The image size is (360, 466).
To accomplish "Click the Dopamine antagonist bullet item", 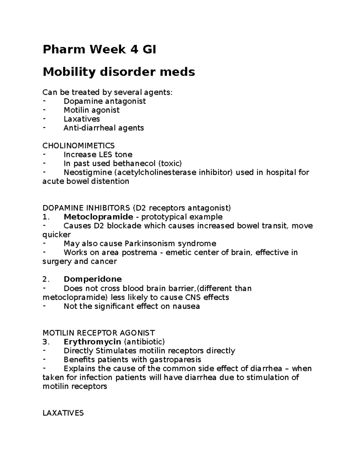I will tap(104, 101).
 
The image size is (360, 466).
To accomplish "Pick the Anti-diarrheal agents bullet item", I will tap(103, 128).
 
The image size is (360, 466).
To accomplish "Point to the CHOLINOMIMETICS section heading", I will tap(79, 146).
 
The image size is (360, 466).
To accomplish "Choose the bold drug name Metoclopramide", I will tap(98, 217).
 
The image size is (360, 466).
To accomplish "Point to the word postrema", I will tap(139, 252).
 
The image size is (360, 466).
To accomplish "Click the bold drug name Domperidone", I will tap(93, 279).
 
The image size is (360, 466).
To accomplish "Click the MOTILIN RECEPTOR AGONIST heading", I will tap(99, 333).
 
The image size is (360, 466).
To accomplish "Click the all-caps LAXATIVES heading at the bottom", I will tap(63, 413).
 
